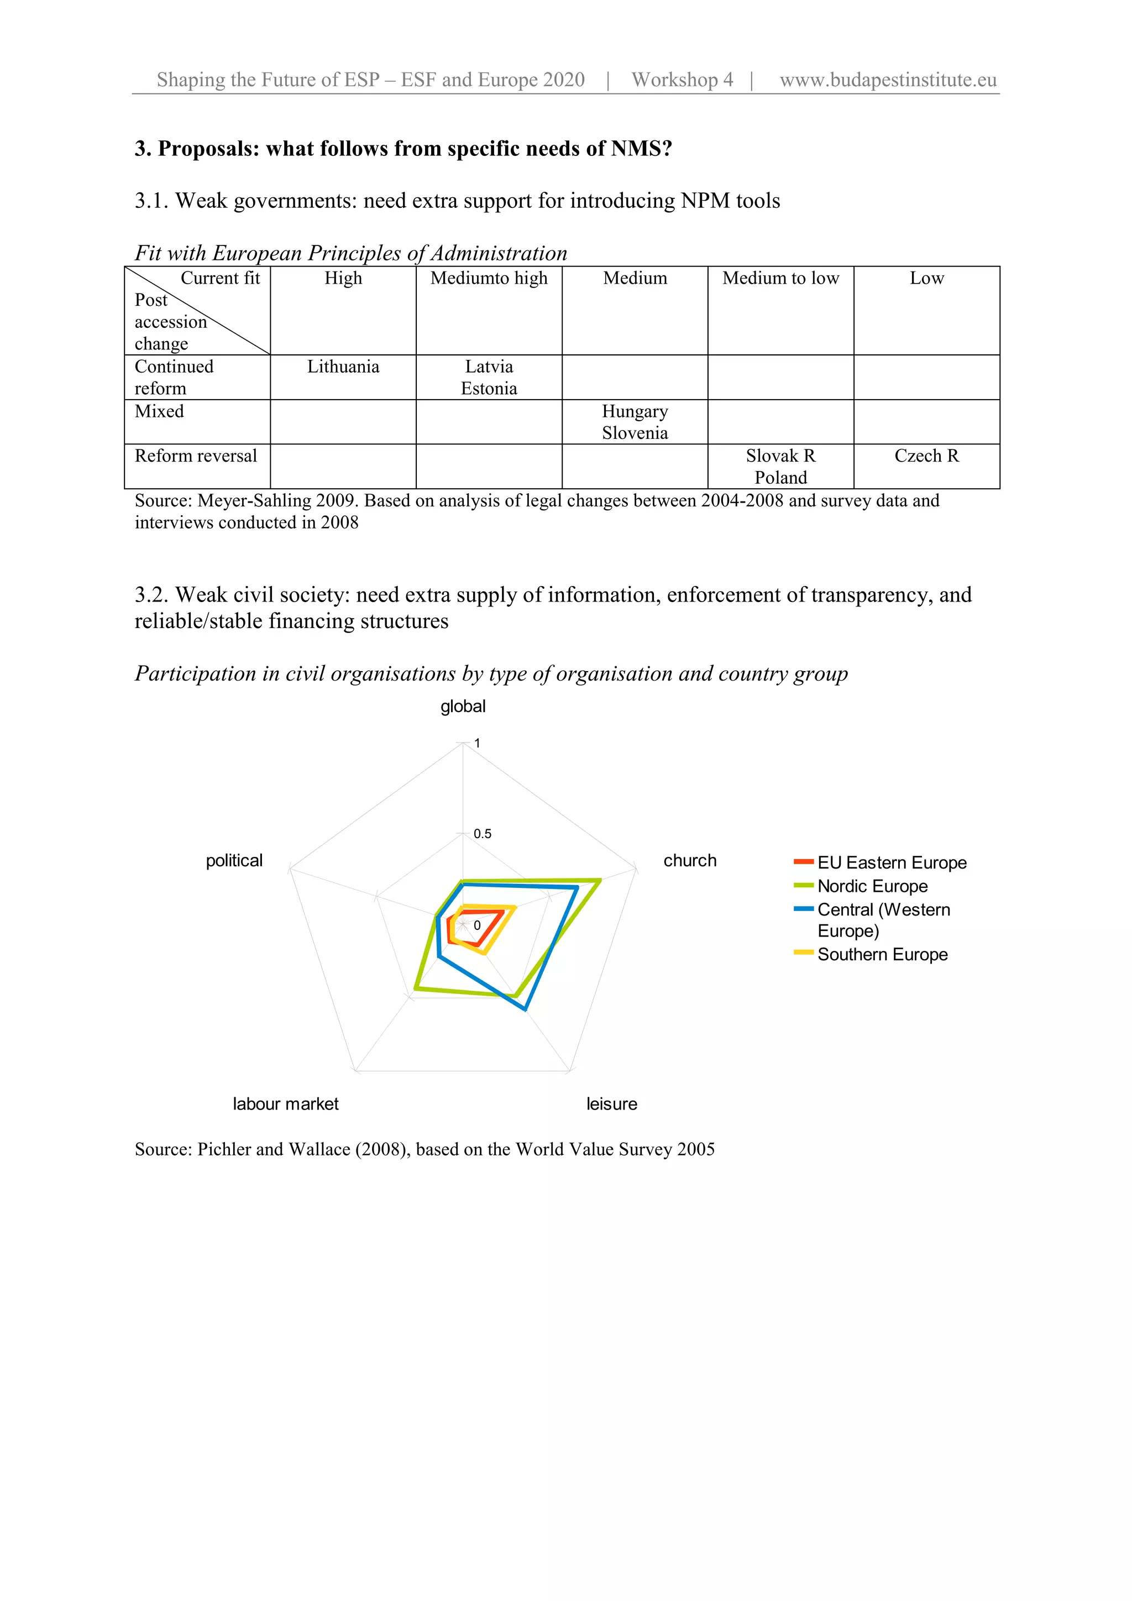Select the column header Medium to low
tap(780, 278)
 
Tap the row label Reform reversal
tap(196, 456)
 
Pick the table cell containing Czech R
tap(926, 456)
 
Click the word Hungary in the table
tap(635, 411)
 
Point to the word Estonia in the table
tap(489, 389)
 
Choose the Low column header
tap(926, 278)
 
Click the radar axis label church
tap(689, 860)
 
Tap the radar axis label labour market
tap(285, 1104)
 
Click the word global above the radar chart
tap(463, 707)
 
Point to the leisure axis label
tap(611, 1104)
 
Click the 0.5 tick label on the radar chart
tap(483, 834)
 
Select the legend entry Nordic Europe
tap(872, 886)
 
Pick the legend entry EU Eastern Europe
tap(892, 862)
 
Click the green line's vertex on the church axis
tap(600, 881)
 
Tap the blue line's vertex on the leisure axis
tap(526, 1009)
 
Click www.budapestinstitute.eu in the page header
tap(888, 80)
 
